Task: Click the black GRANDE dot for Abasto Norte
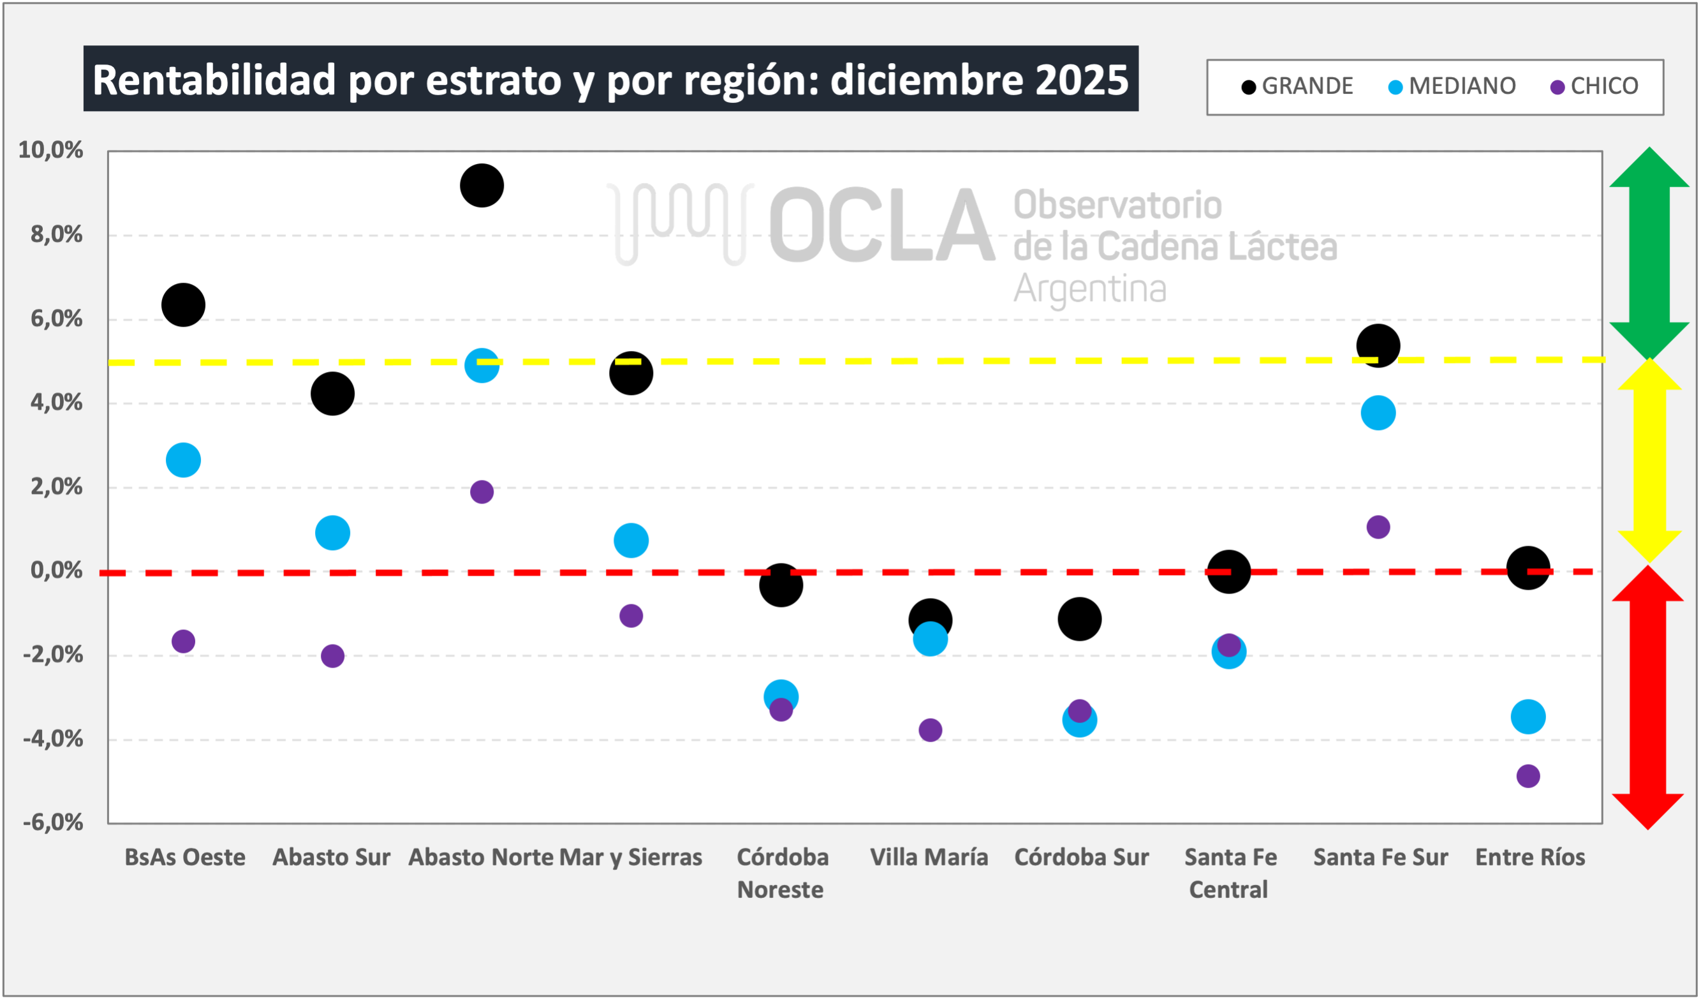482,185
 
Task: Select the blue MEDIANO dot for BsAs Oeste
183,460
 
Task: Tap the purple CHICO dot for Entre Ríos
1528,776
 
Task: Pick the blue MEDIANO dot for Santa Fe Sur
1378,412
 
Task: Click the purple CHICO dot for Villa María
929,730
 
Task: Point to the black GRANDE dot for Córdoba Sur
1079,618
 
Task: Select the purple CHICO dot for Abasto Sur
332,655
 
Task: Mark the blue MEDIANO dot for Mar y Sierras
630,540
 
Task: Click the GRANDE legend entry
1298,86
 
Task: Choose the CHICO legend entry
1595,86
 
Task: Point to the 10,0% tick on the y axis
50,150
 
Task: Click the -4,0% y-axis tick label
53,739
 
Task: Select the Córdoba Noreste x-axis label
781,872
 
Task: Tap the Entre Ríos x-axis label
1529,857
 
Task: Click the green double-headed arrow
1649,253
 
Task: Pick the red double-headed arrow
1647,698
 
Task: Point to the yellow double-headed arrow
1648,461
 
